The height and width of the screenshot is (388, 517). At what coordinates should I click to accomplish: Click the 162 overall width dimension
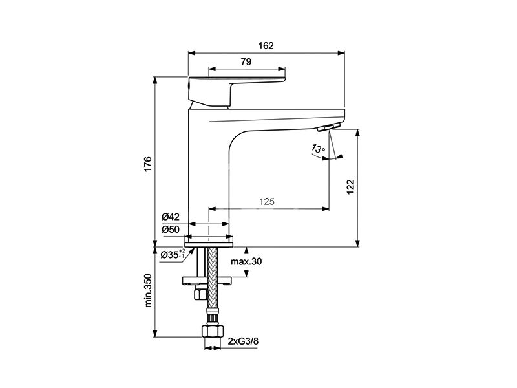coord(266,45)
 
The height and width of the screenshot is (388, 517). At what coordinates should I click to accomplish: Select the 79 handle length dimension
coord(246,61)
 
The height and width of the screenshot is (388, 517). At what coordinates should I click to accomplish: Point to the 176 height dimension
coord(148,164)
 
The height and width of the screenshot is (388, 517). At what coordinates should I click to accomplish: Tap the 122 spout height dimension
coord(350,187)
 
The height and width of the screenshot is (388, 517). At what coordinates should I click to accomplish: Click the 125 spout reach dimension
coord(267,201)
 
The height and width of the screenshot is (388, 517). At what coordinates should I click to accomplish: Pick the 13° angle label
coord(318,149)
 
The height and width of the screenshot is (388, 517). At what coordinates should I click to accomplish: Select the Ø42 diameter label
coord(171,217)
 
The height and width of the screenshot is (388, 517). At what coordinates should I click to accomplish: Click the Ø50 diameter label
coord(171,230)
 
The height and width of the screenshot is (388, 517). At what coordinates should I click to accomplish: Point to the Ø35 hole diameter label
coord(173,254)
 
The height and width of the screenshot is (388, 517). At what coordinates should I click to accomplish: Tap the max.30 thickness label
coord(246,262)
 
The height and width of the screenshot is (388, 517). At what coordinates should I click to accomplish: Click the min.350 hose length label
coord(148,290)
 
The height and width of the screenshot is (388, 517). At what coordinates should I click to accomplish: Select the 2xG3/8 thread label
coord(243,341)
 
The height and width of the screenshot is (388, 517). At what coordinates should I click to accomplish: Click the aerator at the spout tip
coord(329,127)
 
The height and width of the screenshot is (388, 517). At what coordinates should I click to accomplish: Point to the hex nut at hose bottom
coord(213,331)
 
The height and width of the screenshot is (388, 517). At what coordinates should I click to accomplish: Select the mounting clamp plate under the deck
coord(207,281)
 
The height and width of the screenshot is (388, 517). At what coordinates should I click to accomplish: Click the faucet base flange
coord(209,244)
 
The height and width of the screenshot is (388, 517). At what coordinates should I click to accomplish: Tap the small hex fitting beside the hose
coord(200,292)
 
